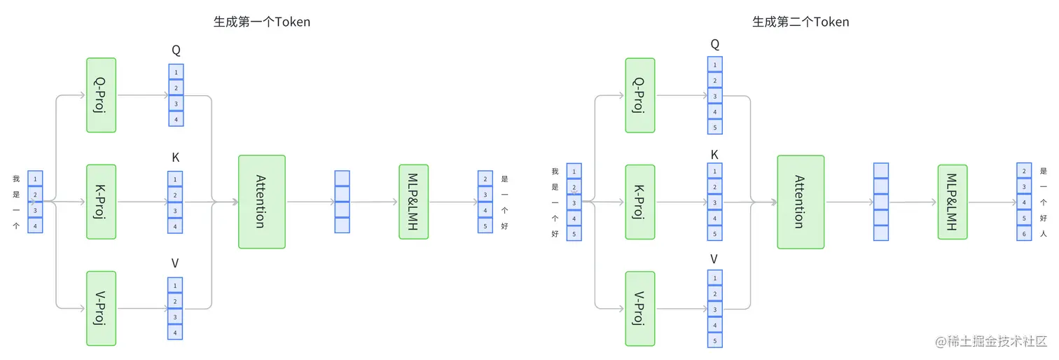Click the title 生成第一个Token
[261, 22]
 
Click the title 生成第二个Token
[801, 22]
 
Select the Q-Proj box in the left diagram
[101, 95]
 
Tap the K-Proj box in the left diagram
[101, 202]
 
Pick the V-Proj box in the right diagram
[640, 308]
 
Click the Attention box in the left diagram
[261, 202]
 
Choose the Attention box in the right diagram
[801, 202]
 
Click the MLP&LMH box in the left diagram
[413, 202]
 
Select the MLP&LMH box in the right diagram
[953, 202]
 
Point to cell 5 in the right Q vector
[714, 127]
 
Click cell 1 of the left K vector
[175, 179]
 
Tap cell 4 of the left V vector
[175, 332]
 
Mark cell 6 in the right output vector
[1024, 233]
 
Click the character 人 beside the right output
[1044, 233]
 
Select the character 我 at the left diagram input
[16, 179]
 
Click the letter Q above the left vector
[176, 50]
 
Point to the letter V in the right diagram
[714, 259]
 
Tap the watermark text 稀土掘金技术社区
[997, 342]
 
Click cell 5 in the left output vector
[485, 226]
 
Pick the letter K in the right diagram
[714, 155]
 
